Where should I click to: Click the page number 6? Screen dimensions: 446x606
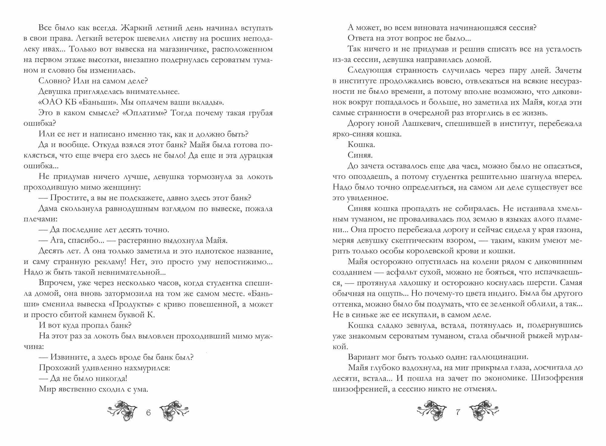point(148,412)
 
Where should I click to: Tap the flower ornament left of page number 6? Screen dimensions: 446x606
point(122,411)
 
